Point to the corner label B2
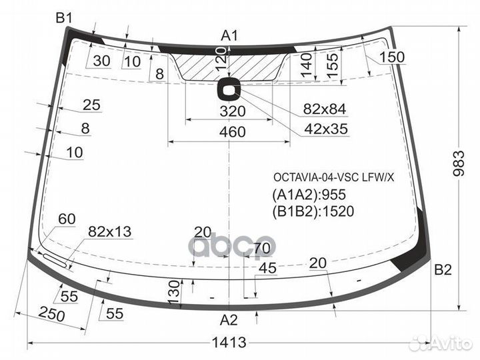tap(443, 270)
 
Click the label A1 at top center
tap(230, 35)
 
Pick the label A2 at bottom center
tap(229, 319)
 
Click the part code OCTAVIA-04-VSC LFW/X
tap(333, 177)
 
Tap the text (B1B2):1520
tap(313, 211)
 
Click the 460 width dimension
tap(231, 132)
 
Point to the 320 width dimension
tap(231, 111)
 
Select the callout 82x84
tap(325, 109)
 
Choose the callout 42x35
tap(325, 129)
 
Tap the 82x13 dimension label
tap(109, 231)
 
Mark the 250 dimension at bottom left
tap(53, 313)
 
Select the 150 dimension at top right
tap(392, 57)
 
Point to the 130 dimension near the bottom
tap(173, 290)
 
